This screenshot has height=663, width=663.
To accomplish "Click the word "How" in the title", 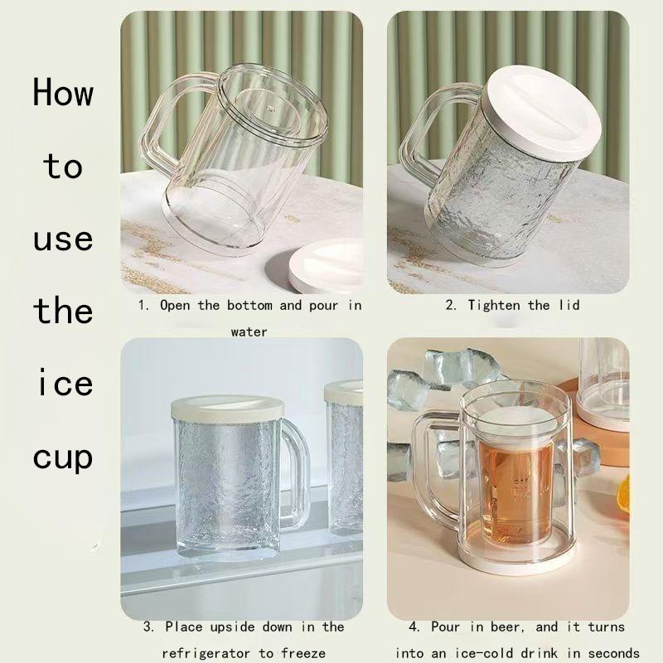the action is click(x=63, y=92).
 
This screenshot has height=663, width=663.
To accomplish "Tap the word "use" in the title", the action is click(x=63, y=240).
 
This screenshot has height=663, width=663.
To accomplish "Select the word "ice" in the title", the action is click(x=65, y=382).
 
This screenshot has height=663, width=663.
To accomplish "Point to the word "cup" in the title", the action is click(x=63, y=459).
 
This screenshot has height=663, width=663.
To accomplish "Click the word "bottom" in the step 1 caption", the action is click(x=249, y=305).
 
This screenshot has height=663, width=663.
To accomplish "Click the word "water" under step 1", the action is click(x=249, y=332).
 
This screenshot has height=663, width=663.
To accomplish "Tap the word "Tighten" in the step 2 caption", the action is click(x=494, y=305).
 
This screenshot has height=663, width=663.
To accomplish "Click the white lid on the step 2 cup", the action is click(x=544, y=112).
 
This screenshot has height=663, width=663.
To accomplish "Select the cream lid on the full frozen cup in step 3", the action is click(x=227, y=409).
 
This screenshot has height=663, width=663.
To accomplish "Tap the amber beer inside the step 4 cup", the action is click(x=515, y=492).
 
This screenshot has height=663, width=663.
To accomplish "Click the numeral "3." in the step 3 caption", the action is click(x=148, y=627).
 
